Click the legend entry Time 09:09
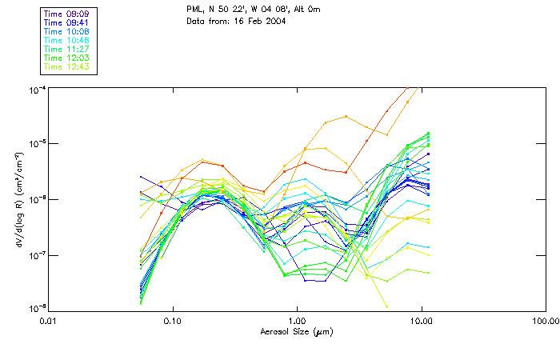pos(67,14)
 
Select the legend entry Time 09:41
pos(67,22)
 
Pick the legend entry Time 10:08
pos(67,31)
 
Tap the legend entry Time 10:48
pos(67,40)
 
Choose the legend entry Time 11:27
pos(67,49)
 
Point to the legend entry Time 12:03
pos(67,58)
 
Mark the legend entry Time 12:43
pos(67,66)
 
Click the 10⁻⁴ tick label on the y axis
pos(36,88)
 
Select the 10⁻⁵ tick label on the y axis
pos(36,143)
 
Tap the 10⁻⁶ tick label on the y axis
pos(36,198)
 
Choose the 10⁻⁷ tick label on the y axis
pos(36,254)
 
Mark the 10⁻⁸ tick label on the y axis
pos(36,308)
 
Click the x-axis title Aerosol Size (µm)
pos(296,331)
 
